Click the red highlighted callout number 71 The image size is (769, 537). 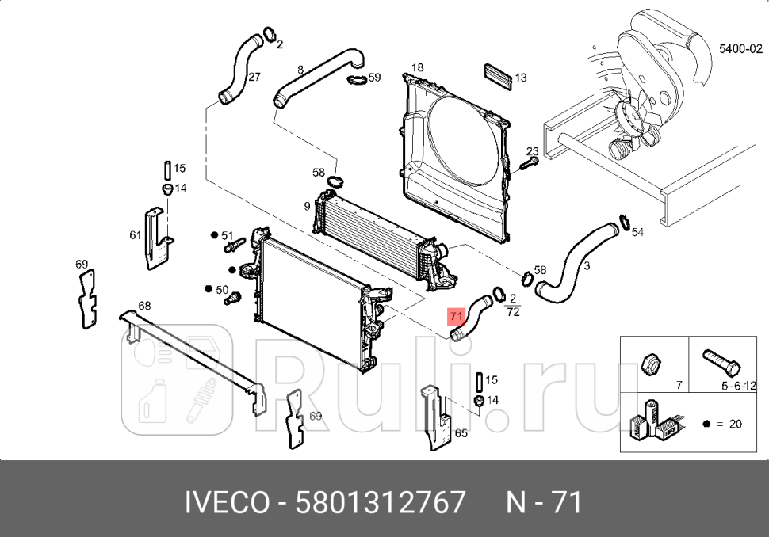pyautogui.click(x=454, y=317)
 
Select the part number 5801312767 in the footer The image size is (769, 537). pyautogui.click(x=380, y=502)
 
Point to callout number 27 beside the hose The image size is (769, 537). pyautogui.click(x=254, y=77)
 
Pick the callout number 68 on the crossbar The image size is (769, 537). pyautogui.click(x=143, y=306)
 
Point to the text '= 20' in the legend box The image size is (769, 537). pyautogui.click(x=729, y=424)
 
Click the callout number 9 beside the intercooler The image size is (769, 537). pyautogui.click(x=307, y=208)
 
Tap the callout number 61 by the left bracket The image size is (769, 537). pyautogui.click(x=135, y=235)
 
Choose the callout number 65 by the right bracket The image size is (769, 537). pyautogui.click(x=461, y=433)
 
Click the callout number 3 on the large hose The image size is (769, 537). pyautogui.click(x=586, y=266)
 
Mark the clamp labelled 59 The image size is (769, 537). pyautogui.click(x=355, y=78)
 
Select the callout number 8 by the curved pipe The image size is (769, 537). pyautogui.click(x=300, y=70)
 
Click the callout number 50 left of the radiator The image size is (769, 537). pyautogui.click(x=222, y=290)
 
